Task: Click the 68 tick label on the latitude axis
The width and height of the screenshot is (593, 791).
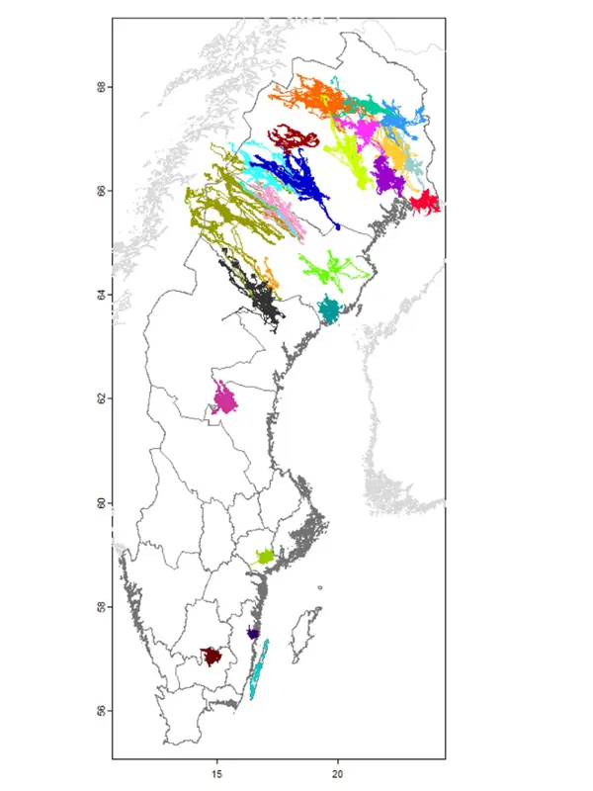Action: click(x=101, y=87)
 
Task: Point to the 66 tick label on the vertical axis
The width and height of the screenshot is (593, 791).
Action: click(x=101, y=191)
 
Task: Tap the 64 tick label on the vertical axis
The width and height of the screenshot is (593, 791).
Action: click(x=101, y=295)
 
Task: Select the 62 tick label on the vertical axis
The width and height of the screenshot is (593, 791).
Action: click(x=101, y=398)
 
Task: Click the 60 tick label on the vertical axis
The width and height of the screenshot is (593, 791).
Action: click(x=101, y=502)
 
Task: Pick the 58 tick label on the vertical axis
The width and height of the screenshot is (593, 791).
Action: click(x=101, y=606)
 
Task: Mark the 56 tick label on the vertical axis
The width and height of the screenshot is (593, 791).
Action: click(x=101, y=710)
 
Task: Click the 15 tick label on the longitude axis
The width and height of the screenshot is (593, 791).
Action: click(x=216, y=774)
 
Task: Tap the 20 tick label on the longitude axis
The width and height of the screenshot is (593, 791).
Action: click(x=338, y=774)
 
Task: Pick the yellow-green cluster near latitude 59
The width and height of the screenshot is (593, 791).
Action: click(x=264, y=557)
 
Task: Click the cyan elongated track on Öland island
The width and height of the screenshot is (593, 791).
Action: click(x=259, y=672)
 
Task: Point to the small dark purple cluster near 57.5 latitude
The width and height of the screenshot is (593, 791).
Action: click(x=253, y=633)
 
